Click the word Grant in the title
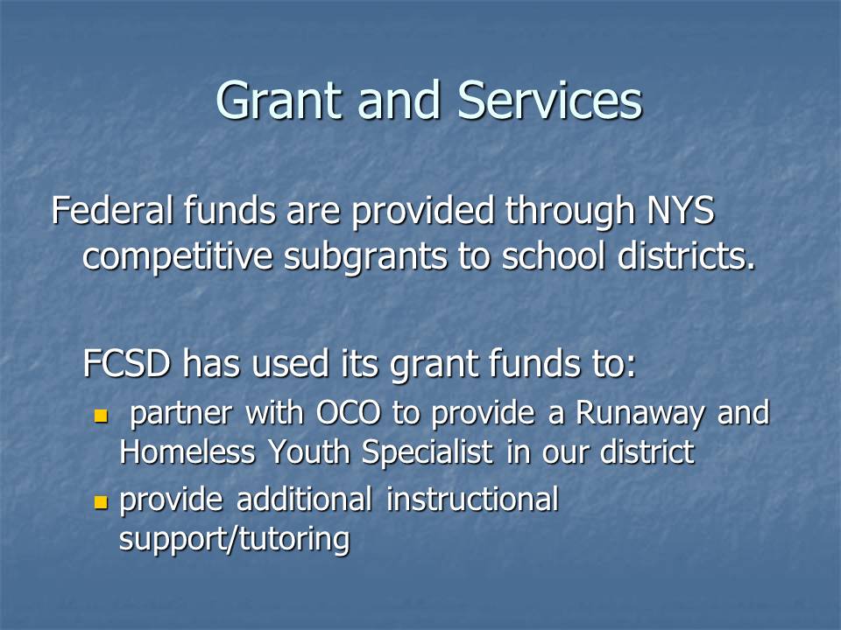coord(279,100)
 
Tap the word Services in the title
coord(550,100)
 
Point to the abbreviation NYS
coord(681,210)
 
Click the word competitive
coord(178,257)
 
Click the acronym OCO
coord(349,413)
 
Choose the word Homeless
coord(187,451)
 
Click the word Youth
coord(308,451)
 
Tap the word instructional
coord(472,500)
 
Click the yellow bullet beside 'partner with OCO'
coord(101,416)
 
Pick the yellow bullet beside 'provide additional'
coord(101,502)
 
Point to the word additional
coord(304,500)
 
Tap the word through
coord(570,211)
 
